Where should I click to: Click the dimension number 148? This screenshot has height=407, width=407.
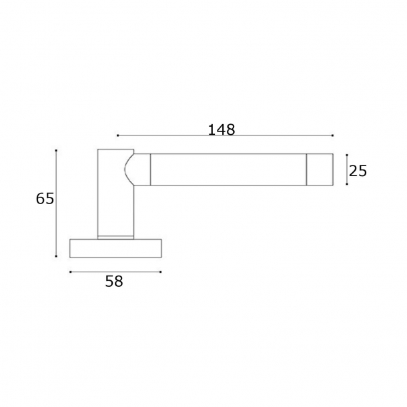tap(221, 129)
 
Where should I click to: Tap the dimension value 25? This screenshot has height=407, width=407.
tap(358, 171)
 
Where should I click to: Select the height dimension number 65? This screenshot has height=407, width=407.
tap(45, 199)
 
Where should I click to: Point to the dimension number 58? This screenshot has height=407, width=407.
tap(114, 282)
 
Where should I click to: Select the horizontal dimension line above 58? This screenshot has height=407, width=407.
tap(115, 272)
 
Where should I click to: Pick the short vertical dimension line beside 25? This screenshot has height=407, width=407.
tap(346, 169)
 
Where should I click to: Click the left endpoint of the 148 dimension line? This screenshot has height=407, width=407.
tap(117, 135)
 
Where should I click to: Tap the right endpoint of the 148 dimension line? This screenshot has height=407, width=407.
tap(333, 135)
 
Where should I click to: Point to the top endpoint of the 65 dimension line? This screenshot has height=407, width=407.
tap(57, 150)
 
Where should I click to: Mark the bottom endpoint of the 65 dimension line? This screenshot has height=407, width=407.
tap(57, 257)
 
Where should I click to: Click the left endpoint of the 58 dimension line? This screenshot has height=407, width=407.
tap(70, 272)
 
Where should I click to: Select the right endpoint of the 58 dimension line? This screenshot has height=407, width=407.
tap(161, 272)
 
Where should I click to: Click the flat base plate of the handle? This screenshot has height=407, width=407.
tap(116, 248)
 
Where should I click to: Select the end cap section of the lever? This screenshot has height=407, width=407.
tap(319, 169)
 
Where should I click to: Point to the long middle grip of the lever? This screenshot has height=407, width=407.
tap(227, 169)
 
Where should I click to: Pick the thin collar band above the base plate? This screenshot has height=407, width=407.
tap(116, 236)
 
